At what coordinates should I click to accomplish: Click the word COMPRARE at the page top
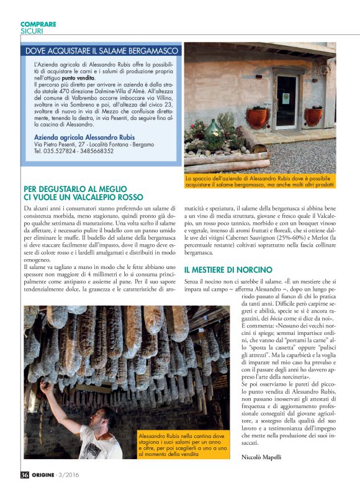(38, 24)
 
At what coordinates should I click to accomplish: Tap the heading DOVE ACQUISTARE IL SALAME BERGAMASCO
(102, 51)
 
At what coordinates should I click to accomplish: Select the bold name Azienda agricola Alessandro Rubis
(84, 137)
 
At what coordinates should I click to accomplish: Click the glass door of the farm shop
(286, 102)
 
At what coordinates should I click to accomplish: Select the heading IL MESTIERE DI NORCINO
(228, 270)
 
